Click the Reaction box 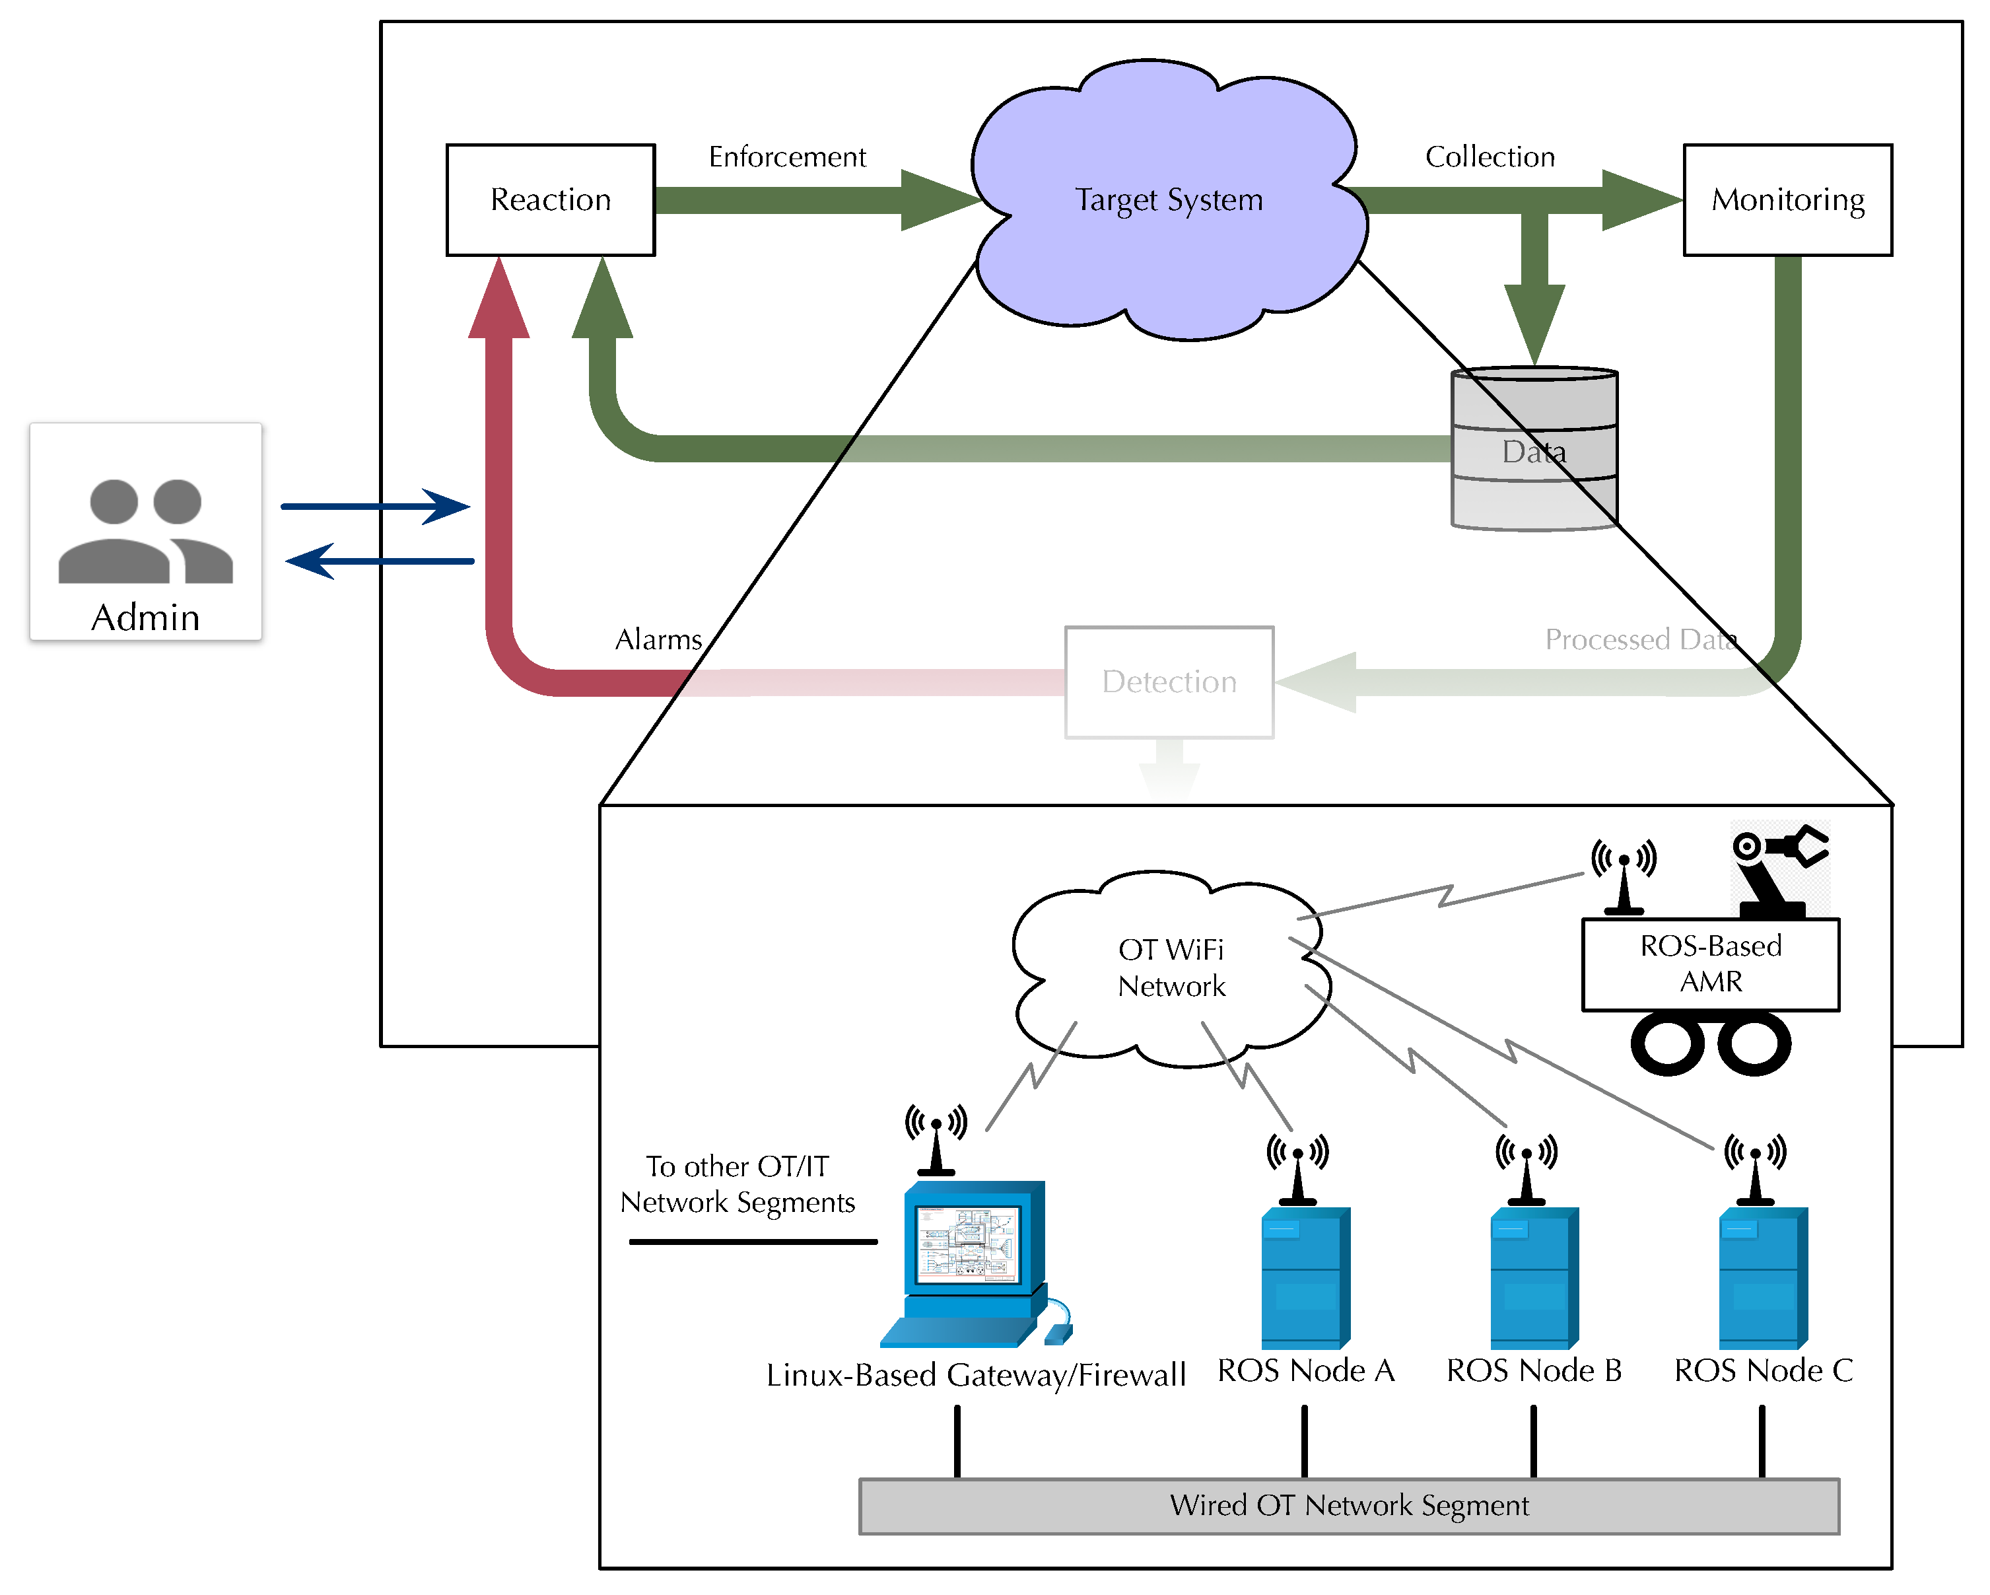550,199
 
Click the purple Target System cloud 1169,199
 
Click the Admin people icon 145,531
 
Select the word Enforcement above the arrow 786,157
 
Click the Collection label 1489,157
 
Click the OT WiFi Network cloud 1171,968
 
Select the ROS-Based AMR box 1709,964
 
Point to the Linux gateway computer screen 967,1244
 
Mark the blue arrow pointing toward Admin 378,560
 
